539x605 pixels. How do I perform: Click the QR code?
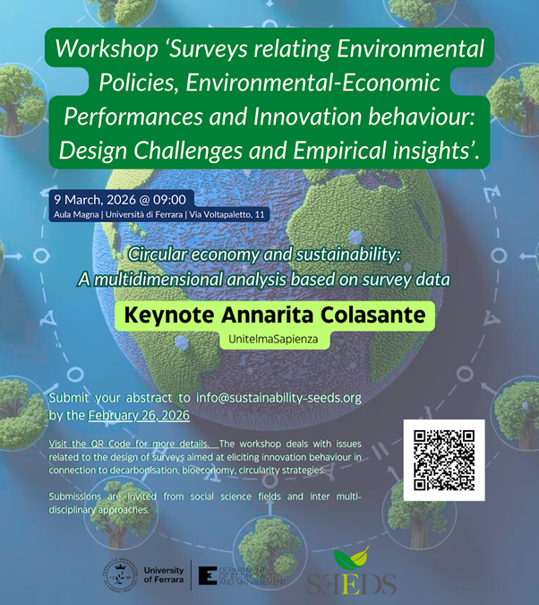444,459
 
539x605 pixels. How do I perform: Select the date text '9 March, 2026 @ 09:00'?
119,199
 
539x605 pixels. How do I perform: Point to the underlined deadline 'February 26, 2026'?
140,415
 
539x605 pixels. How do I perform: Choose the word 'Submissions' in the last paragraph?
78,496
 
